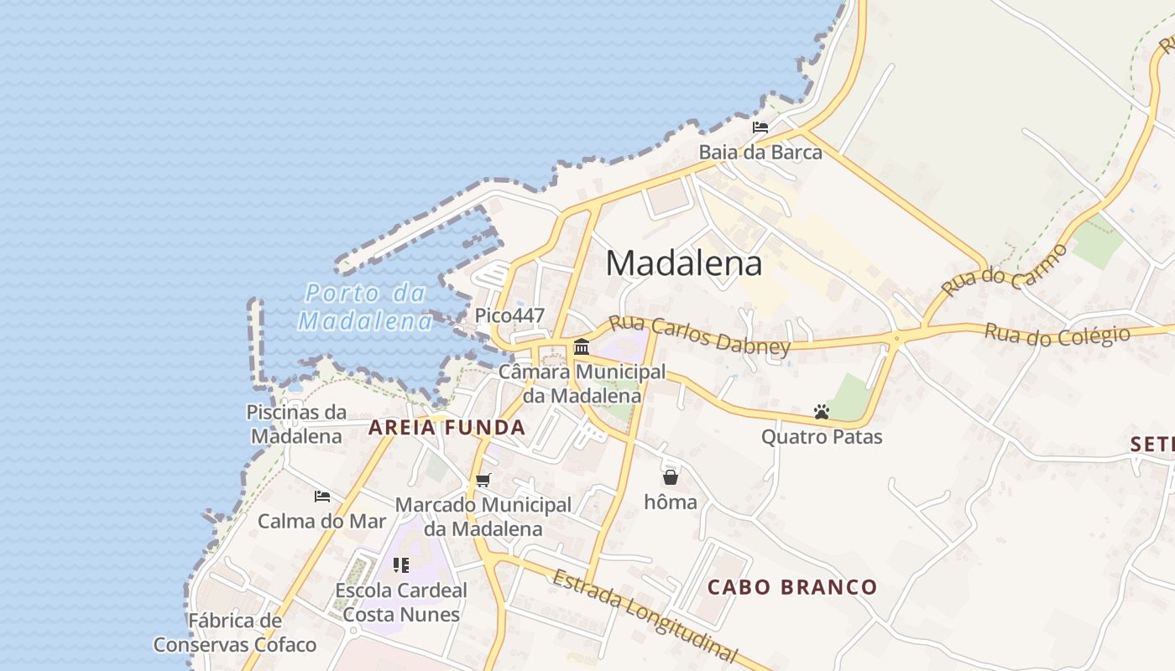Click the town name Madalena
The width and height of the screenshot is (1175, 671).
pos(684,263)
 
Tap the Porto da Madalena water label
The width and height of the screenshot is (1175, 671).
pos(365,307)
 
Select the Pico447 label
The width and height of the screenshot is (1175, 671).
pos(509,316)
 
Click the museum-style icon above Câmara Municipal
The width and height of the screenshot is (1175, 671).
pos(581,346)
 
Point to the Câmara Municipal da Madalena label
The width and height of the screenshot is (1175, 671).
pos(582,383)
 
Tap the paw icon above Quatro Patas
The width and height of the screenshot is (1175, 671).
pos(822,412)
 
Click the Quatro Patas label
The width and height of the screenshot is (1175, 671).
pos(822,437)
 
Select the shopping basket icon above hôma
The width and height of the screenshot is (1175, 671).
pos(671,477)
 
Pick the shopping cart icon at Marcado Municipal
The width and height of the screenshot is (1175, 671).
pos(483,481)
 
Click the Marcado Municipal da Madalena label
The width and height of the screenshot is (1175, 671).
pos(483,517)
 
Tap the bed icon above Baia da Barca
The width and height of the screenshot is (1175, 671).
pos(760,127)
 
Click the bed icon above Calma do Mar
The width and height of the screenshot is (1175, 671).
pos(322,497)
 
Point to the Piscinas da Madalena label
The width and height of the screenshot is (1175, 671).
pos(296,424)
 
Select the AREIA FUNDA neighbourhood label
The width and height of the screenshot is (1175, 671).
pos(446,428)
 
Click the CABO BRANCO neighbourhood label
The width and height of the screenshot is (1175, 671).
pos(792,587)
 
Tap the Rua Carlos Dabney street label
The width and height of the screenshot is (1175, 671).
pos(699,335)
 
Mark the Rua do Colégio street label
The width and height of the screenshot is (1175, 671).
pos(1057,334)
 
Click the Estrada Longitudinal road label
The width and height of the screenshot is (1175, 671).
pos(645,616)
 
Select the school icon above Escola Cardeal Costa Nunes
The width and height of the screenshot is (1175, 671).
pos(401,565)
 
